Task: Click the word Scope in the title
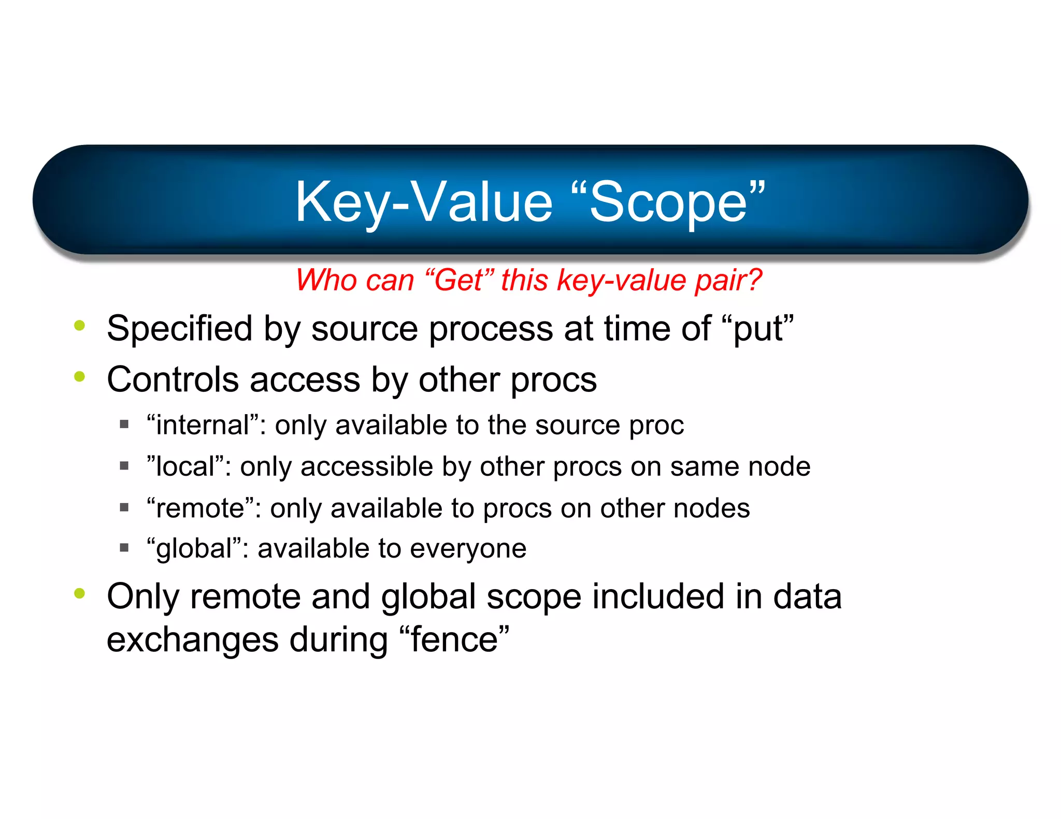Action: (x=668, y=203)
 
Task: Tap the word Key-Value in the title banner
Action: (x=424, y=203)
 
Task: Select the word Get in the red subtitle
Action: (x=459, y=281)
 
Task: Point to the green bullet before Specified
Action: (x=79, y=326)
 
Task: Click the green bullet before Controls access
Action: (x=79, y=376)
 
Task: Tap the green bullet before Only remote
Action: (x=79, y=593)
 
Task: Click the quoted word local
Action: (x=185, y=466)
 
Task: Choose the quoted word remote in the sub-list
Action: (x=200, y=508)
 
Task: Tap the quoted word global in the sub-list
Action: (x=194, y=549)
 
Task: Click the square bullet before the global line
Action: (x=124, y=547)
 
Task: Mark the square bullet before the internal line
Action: (x=124, y=425)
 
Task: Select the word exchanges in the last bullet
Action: (x=192, y=640)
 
